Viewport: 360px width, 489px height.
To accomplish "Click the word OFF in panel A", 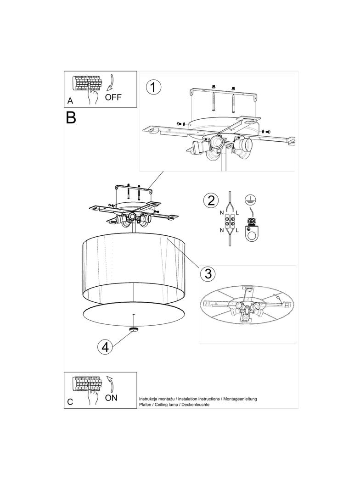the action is pos(113,97).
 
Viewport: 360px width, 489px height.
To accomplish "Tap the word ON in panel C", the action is pos(111,398).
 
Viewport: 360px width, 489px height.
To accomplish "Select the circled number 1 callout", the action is pos(153,87).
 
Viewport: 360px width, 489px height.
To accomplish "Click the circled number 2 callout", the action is pos(211,200).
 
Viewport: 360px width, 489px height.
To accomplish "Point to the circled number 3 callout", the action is pos(208,273).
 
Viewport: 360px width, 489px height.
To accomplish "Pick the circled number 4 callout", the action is pos(105,347).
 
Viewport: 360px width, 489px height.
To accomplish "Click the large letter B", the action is pos(71,117).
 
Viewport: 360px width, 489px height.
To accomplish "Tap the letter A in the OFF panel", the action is pos(70,101).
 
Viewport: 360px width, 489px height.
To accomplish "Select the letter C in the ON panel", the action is pos(70,402).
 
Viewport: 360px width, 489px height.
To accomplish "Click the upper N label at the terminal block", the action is pos(222,213).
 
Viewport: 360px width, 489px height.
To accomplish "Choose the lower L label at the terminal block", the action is pos(237,230).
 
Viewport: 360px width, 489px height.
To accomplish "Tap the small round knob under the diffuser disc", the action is pos(135,329).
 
